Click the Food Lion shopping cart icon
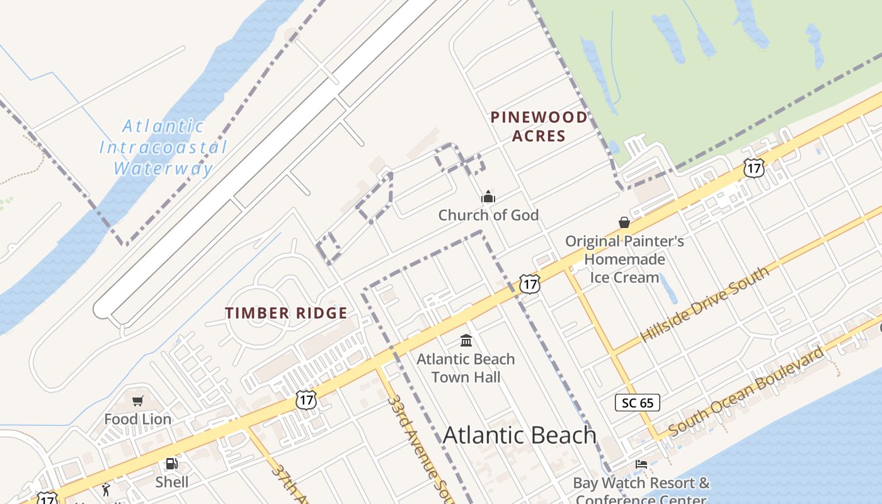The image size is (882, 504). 138,401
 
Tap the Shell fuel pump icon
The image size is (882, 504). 171,464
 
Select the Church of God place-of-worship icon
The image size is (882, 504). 488,197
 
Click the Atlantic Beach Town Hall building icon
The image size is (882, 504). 466,341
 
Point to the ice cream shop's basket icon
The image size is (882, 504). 624,222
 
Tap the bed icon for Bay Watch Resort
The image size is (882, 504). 641,464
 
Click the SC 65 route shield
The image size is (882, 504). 638,403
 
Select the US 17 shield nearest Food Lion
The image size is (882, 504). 306,399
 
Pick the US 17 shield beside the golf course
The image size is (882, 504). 753,168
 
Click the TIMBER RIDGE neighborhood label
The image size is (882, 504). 286,313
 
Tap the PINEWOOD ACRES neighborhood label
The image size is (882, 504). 539,126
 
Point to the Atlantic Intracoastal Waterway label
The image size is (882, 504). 163,147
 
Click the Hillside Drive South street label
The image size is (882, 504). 704,304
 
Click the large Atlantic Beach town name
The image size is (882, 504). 519,435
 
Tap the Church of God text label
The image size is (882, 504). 488,215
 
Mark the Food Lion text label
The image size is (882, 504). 137,420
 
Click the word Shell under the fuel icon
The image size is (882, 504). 172,483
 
